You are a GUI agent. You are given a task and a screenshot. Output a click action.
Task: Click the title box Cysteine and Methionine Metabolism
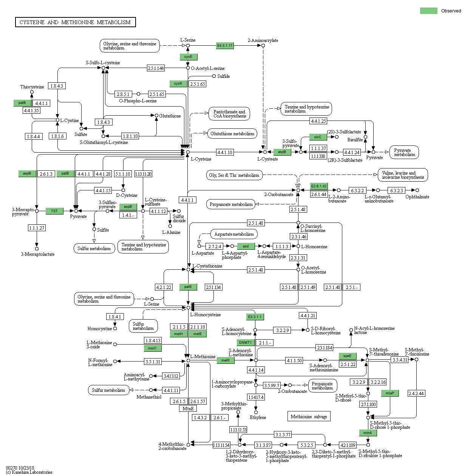tap(75, 22)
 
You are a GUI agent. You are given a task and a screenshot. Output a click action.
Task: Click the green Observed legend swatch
tap(428, 11)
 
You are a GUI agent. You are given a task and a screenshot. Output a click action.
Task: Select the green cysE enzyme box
tap(188, 57)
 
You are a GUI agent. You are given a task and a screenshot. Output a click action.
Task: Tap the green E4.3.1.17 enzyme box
tap(225, 45)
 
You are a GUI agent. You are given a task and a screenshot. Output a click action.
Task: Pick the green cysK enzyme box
tap(178, 83)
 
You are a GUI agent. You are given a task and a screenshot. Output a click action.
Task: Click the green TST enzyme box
tap(54, 211)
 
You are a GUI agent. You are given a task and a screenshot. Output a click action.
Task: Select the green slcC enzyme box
tap(318, 137)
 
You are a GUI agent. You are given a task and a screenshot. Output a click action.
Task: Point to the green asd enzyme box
tap(246, 246)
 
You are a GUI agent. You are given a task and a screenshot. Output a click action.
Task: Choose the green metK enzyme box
tap(226, 360)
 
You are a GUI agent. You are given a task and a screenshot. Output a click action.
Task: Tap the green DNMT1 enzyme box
tap(245, 343)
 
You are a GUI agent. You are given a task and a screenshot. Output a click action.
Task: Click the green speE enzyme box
tap(347, 356)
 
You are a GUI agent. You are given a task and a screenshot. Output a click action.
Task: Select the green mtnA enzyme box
tap(368, 433)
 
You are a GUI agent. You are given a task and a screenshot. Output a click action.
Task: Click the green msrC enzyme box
tap(152, 348)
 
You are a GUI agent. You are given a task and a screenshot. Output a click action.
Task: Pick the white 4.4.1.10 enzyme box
tap(225, 152)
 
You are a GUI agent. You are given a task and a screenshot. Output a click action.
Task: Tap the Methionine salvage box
tap(309, 416)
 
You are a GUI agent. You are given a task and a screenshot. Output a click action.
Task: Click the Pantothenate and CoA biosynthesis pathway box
tap(229, 114)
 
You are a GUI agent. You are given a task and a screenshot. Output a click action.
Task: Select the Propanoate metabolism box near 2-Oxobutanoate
tap(231, 204)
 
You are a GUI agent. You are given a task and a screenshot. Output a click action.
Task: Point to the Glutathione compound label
tap(170, 116)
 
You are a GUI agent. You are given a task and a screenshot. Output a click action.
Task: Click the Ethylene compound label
tap(258, 417)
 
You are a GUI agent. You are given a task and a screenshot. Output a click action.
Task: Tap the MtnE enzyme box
tap(188, 409)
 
